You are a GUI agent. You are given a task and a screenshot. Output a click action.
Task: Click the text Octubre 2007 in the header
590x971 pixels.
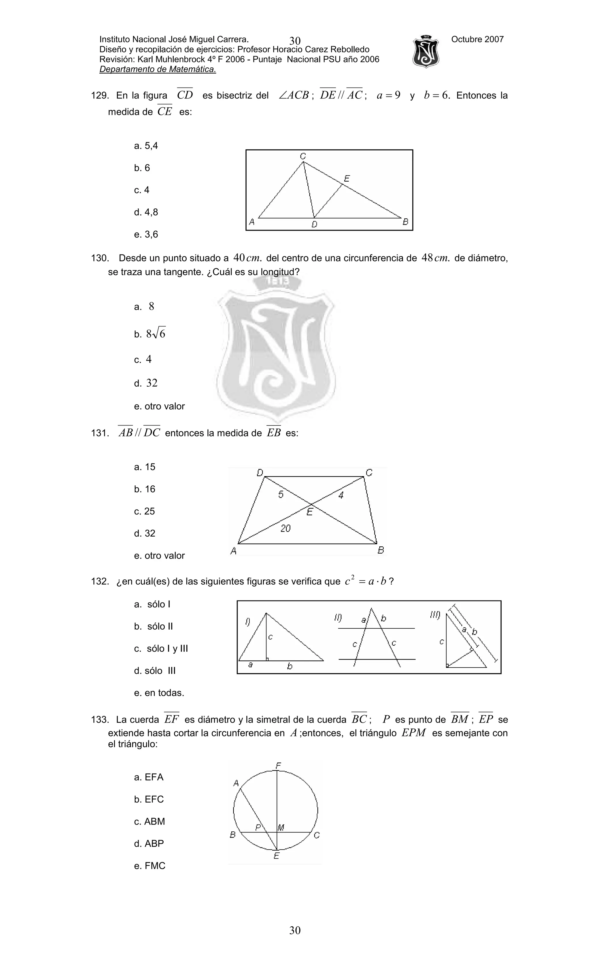point(477,39)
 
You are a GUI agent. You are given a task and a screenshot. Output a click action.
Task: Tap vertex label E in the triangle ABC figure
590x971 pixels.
point(346,178)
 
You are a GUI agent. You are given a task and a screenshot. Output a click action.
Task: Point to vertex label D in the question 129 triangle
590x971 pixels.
point(314,225)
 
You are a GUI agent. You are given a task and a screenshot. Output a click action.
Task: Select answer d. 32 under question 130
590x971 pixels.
point(146,383)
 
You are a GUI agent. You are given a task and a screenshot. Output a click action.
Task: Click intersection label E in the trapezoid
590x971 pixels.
point(310,512)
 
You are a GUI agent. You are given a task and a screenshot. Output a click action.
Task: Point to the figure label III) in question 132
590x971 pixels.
point(435,615)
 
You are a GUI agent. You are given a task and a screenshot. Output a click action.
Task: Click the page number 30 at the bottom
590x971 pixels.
point(295,930)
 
